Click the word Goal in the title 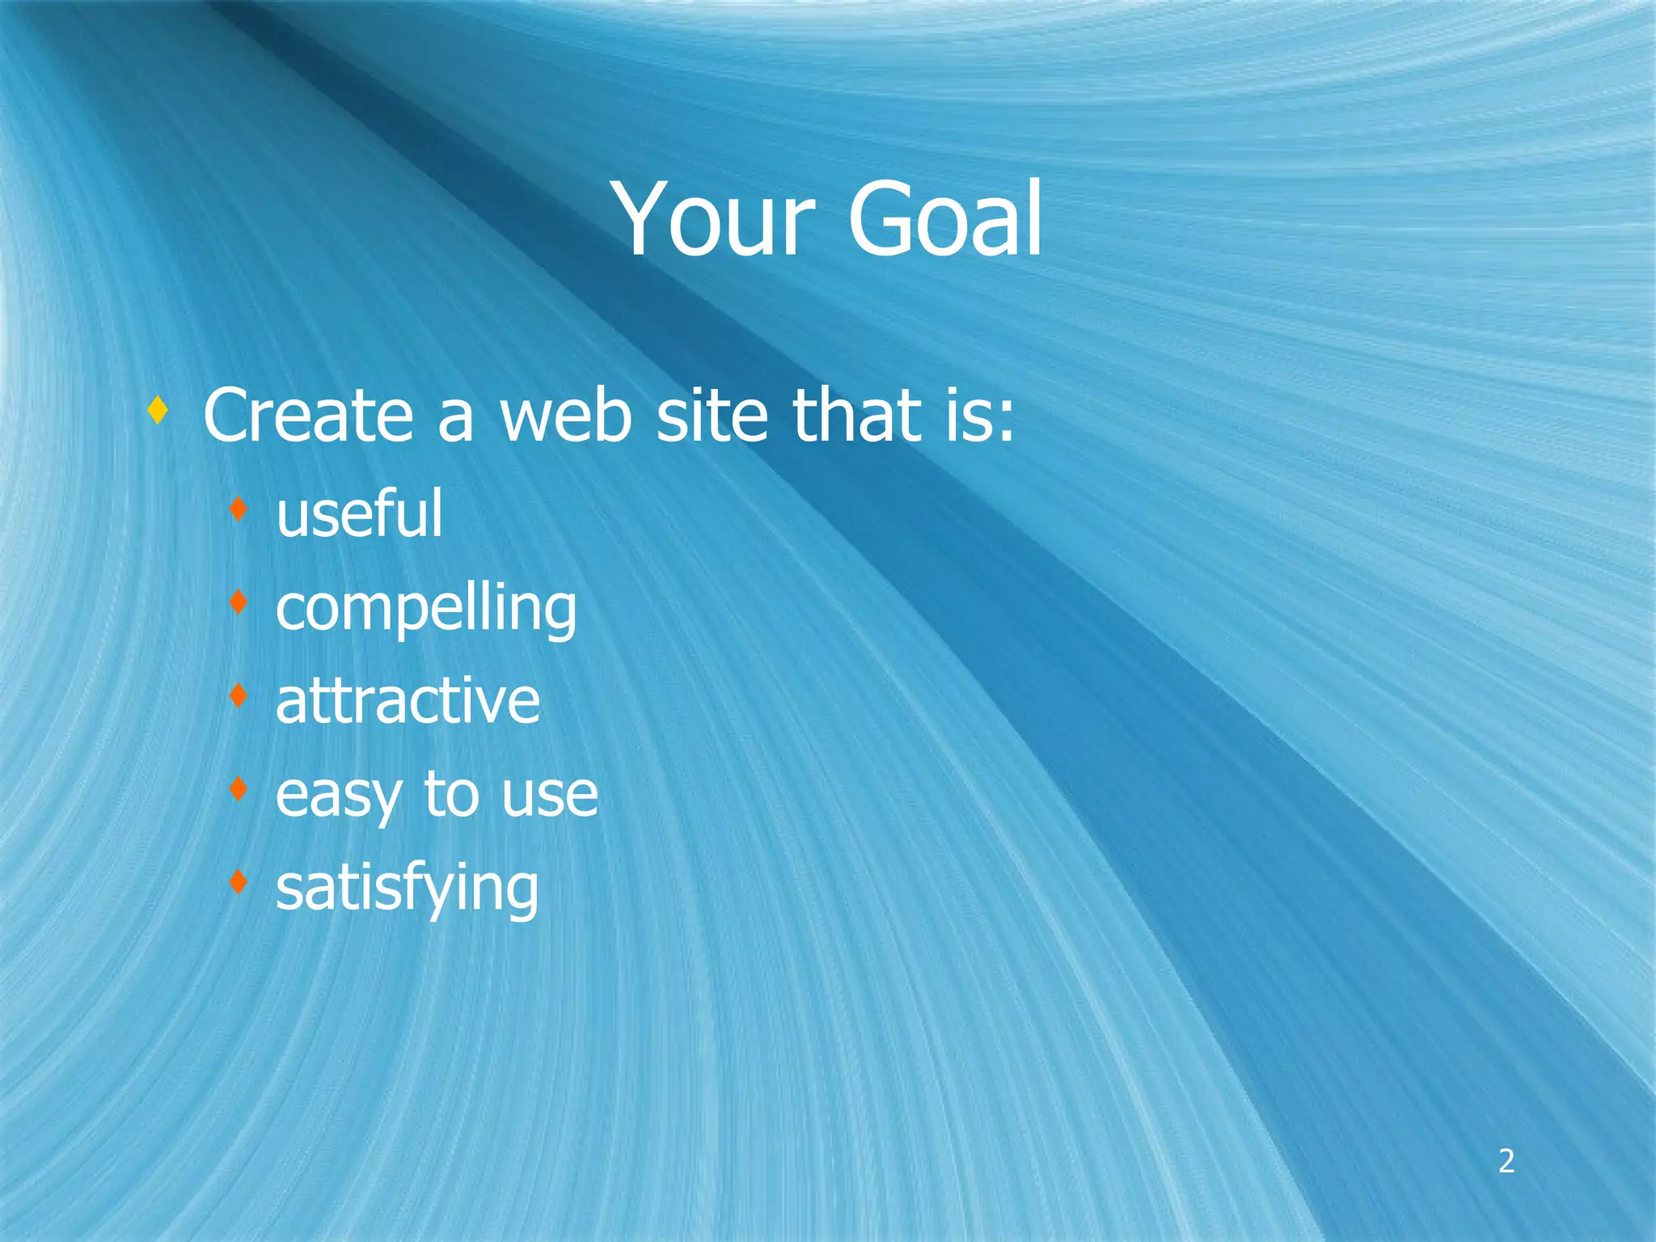click(x=944, y=220)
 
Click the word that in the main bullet click(x=857, y=416)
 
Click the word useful click(x=359, y=514)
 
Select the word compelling click(x=426, y=608)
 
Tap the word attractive click(x=408, y=701)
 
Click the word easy click(x=338, y=796)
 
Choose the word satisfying click(x=407, y=888)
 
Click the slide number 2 click(x=1506, y=1161)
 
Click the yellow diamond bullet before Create click(x=158, y=410)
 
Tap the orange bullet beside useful click(x=238, y=509)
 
